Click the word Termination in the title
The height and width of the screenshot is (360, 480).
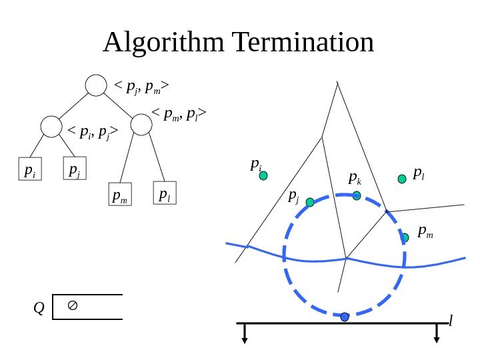[x=303, y=43]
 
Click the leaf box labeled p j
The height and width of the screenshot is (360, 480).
[x=75, y=169]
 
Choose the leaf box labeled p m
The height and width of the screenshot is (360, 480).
[x=120, y=196]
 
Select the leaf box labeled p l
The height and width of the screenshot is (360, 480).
[x=164, y=193]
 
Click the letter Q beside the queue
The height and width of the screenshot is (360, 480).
[x=39, y=308]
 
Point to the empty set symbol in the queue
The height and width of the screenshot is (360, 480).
[x=73, y=305]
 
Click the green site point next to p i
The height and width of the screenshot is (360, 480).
[x=263, y=176]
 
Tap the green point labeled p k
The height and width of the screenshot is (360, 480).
[x=357, y=195]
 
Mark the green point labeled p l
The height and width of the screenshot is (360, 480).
[x=402, y=179]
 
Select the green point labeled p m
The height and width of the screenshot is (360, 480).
[x=405, y=237]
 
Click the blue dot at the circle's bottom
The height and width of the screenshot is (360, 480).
[x=345, y=317]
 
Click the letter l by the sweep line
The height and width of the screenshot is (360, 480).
[x=451, y=322]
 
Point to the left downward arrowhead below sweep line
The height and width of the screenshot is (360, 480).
[x=245, y=339]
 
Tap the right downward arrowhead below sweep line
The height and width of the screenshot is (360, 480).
[x=437, y=339]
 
